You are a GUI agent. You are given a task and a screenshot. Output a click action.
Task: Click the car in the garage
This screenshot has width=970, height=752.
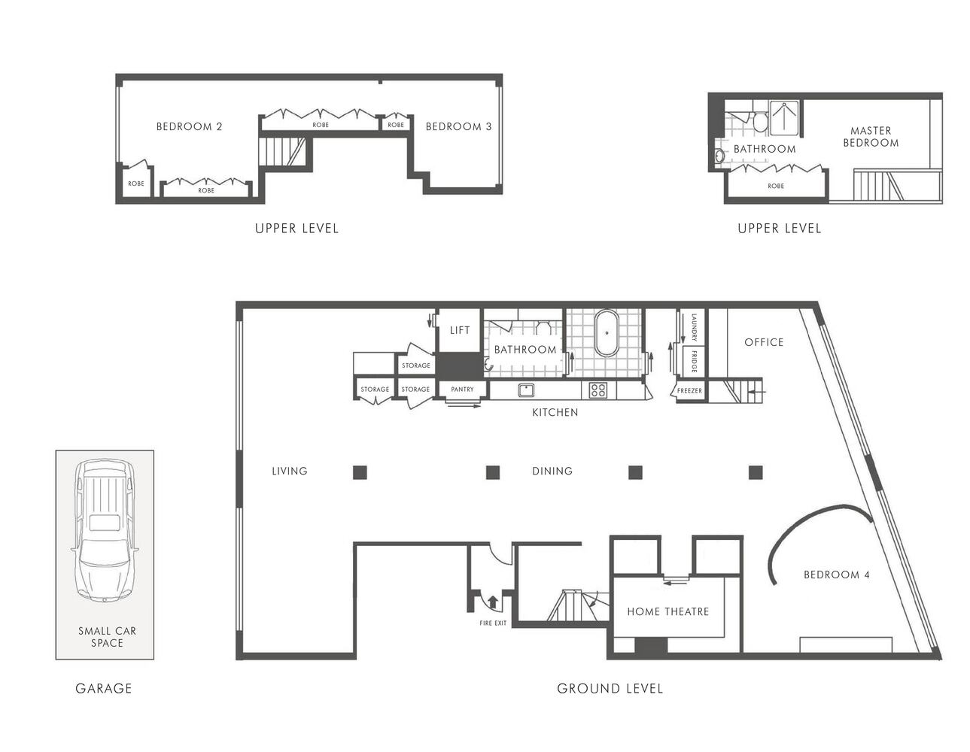click(105, 531)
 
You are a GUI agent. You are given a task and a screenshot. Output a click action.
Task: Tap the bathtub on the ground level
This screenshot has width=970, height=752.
click(607, 332)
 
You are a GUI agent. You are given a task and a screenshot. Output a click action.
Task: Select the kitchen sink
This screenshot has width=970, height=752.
click(526, 390)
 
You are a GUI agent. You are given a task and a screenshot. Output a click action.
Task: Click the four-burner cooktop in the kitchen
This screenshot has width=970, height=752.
click(598, 390)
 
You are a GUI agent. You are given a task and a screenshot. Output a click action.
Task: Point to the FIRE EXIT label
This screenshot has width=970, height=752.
click(493, 623)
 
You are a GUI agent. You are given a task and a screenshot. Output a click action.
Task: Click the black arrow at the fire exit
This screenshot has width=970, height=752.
click(492, 602)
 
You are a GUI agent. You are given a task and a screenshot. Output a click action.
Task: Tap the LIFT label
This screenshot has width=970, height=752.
click(460, 330)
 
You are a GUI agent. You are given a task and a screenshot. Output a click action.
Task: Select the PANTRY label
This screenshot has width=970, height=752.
click(462, 390)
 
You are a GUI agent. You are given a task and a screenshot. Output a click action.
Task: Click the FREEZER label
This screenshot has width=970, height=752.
click(689, 391)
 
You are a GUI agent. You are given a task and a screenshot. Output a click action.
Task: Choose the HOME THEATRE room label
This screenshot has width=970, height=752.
click(667, 611)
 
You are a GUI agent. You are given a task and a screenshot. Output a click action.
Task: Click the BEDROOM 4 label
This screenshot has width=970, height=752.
click(837, 575)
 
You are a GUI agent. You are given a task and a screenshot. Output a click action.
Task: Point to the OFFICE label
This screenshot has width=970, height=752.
click(764, 342)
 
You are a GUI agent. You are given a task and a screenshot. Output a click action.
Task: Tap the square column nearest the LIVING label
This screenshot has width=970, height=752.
click(360, 472)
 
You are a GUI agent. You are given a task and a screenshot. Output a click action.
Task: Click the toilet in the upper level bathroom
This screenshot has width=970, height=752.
click(760, 122)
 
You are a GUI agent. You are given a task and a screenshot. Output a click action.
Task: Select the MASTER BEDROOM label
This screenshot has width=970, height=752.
click(871, 137)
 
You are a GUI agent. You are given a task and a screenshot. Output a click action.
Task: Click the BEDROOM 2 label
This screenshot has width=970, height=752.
click(190, 126)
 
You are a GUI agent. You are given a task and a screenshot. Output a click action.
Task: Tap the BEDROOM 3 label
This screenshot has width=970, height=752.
click(458, 126)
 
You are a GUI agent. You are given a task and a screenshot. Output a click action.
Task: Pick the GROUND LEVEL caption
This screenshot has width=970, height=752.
click(610, 688)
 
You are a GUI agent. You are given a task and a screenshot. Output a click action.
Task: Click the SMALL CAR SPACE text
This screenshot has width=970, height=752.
click(107, 637)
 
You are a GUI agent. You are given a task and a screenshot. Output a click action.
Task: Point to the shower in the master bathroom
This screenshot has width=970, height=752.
click(784, 118)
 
